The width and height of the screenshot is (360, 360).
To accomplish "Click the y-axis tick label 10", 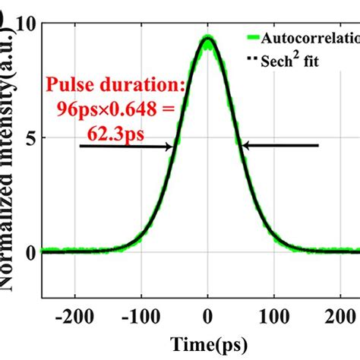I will pyautogui.click(x=27, y=24).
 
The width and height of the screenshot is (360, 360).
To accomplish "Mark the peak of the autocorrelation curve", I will pyautogui.click(x=207, y=38).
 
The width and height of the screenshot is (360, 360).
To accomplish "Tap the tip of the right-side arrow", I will pyautogui.click(x=241, y=146).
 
